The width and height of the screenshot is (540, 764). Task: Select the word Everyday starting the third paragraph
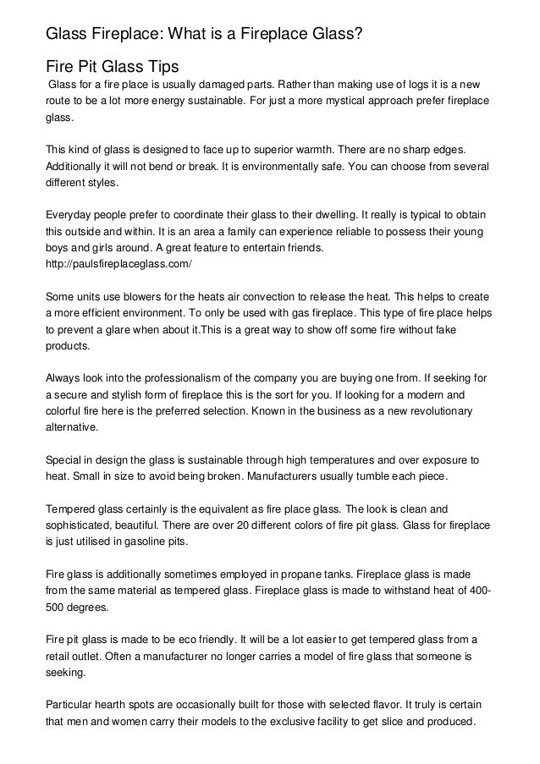pyautogui.click(x=71, y=215)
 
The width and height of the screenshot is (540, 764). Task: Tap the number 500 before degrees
pyautogui.click(x=55, y=607)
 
